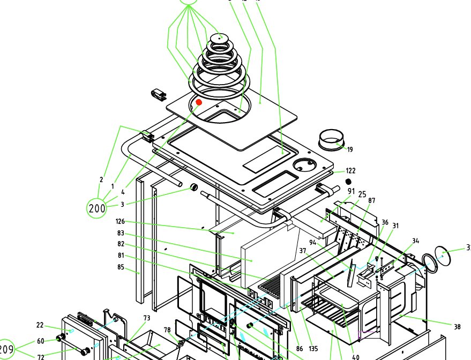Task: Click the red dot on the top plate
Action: coord(199,102)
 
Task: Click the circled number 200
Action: coord(97,208)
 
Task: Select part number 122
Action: coord(350,171)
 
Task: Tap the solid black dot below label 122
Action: coord(348,182)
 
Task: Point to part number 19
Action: coord(350,150)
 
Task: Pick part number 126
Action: coord(120,221)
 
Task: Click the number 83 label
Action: coord(120,234)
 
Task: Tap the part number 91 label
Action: coord(352,191)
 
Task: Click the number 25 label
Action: coord(362,194)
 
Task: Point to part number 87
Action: coord(372,201)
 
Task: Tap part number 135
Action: coord(313,349)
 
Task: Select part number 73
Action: coord(146,319)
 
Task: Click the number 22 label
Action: coord(40,325)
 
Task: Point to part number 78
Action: coord(167,329)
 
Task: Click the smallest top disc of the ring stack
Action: coord(219,38)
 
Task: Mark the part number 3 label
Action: coord(122,204)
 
